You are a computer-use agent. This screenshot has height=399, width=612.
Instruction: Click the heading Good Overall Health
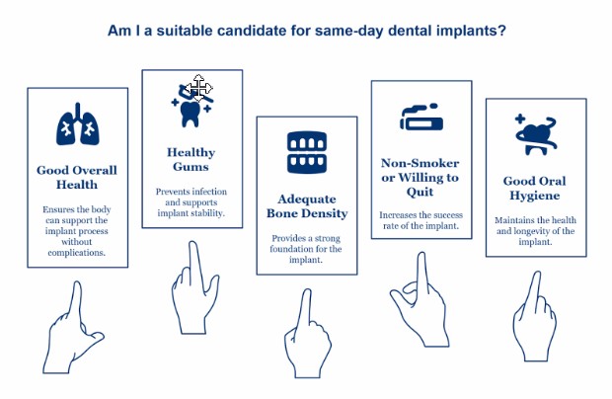pos(77,177)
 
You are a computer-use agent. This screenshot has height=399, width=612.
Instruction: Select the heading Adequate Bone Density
pos(306,205)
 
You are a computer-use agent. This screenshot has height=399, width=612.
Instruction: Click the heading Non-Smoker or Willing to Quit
pos(420,177)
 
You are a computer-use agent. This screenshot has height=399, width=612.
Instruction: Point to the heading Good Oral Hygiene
pos(533,187)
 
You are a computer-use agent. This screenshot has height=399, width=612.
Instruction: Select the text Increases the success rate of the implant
pos(420,220)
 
